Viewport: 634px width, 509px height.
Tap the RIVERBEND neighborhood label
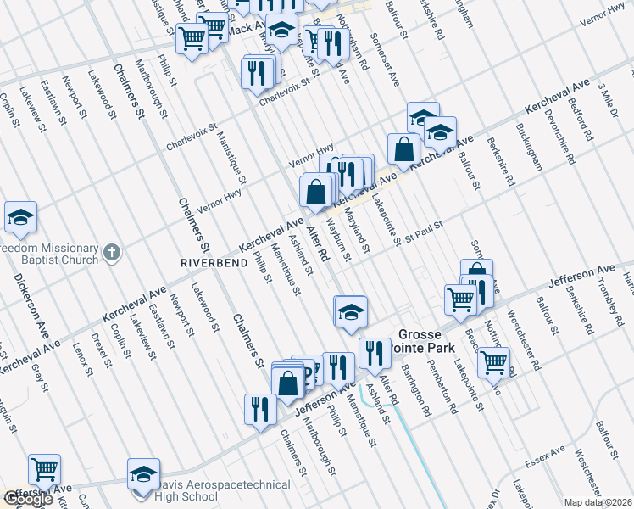coord(212,263)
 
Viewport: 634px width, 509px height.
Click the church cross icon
coord(111,252)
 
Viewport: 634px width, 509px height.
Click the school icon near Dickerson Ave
coord(20,218)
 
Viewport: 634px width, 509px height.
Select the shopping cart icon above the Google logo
coord(44,468)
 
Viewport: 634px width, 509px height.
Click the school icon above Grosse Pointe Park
coord(350,311)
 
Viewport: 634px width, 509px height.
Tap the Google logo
coord(28,499)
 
